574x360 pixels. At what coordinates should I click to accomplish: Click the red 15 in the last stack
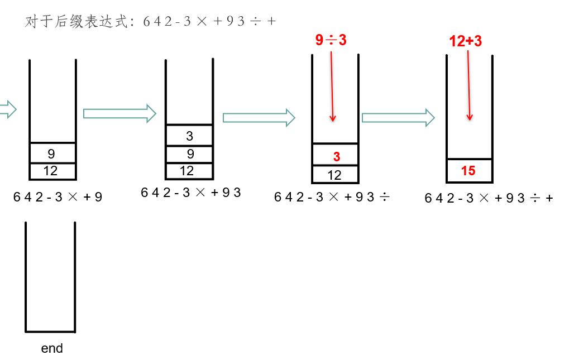pyautogui.click(x=468, y=171)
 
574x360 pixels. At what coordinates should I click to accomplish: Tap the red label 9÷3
pyautogui.click(x=331, y=40)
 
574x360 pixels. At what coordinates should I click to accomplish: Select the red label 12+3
pyautogui.click(x=465, y=41)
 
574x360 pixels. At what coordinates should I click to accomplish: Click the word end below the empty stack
pyautogui.click(x=52, y=348)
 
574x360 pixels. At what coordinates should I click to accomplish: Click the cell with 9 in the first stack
pyautogui.click(x=51, y=153)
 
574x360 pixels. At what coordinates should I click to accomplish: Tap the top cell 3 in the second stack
pyautogui.click(x=189, y=136)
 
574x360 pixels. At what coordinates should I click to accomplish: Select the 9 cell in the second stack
pyautogui.click(x=190, y=154)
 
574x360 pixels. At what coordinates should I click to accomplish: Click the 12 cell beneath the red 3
pyautogui.click(x=334, y=175)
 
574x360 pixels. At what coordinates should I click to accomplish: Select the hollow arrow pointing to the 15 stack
pyautogui.click(x=398, y=117)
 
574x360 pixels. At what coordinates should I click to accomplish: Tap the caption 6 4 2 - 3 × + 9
pyautogui.click(x=58, y=197)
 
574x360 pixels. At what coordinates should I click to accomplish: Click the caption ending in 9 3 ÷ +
pyautogui.click(x=489, y=198)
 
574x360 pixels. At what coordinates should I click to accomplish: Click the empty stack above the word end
pyautogui.click(x=50, y=277)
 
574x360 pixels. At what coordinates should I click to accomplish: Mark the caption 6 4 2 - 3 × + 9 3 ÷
pyautogui.click(x=332, y=197)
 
